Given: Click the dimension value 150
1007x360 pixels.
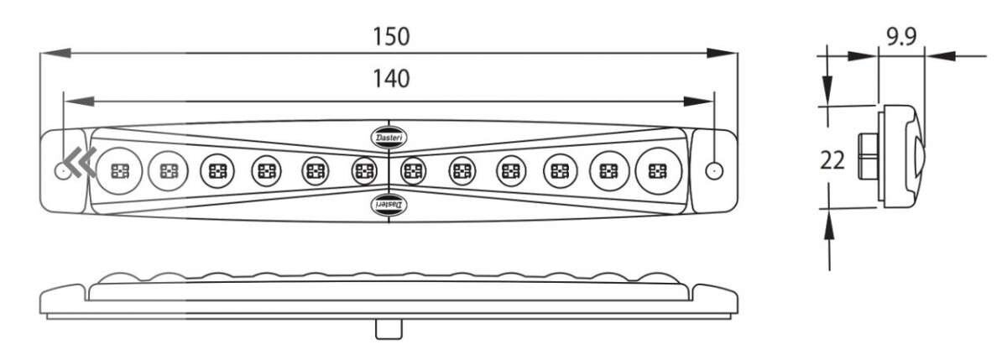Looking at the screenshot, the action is (391, 37).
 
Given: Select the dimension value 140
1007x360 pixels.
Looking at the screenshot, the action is (391, 79).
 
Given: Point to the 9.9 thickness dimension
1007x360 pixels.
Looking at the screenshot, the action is (901, 36).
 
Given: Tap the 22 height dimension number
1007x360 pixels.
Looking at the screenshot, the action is (832, 160).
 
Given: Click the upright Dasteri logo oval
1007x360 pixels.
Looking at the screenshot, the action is (389, 137).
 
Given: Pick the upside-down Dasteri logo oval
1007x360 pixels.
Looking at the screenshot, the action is (389, 205).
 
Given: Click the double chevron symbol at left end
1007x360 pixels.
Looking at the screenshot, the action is (80, 162).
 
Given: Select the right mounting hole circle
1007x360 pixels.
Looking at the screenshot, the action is (714, 171).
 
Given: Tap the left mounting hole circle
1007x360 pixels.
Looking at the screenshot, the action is (62, 171).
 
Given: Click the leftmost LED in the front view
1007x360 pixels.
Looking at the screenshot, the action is (120, 171).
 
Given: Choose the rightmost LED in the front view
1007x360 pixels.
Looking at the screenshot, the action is (659, 171).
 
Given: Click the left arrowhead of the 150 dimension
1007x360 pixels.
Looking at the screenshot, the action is (55, 53).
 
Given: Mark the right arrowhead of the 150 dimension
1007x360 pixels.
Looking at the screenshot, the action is (722, 53).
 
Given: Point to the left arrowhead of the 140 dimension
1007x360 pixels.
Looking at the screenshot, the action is (79, 102).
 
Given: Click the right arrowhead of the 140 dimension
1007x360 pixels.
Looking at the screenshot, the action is (698, 102).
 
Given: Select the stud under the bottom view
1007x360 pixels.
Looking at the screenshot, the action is (389, 330).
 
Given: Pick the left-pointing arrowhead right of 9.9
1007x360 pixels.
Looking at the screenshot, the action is (941, 56).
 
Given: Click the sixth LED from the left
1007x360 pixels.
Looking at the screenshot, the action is (364, 171).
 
